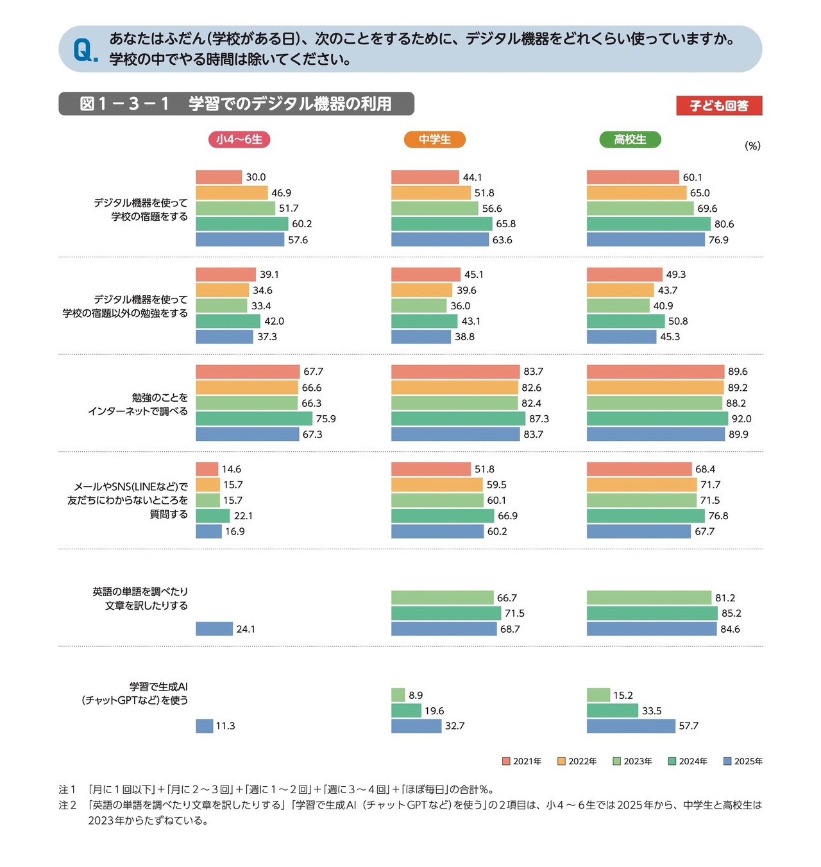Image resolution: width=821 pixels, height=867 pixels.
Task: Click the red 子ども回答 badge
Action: coord(719,106)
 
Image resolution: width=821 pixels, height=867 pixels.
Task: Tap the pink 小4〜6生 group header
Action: coord(239,139)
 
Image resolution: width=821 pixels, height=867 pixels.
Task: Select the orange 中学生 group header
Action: coord(434,139)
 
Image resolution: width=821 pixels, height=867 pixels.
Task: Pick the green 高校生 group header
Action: coord(630,139)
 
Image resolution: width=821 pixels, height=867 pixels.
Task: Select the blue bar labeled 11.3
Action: coord(204,726)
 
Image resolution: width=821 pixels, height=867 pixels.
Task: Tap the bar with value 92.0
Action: coord(657,418)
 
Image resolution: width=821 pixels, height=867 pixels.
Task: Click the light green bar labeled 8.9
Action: coord(398,695)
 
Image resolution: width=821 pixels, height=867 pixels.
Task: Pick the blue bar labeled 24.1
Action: coord(214,629)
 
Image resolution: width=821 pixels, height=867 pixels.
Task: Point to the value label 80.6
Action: coord(724,224)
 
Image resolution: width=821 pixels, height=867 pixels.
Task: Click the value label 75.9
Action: coord(326,418)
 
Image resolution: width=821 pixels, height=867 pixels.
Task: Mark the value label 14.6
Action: coord(232,469)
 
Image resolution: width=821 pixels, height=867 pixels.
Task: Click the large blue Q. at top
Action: coord(85,50)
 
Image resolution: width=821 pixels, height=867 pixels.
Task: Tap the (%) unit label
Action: coord(752,146)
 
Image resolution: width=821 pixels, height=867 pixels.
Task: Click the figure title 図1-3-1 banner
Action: coord(236,104)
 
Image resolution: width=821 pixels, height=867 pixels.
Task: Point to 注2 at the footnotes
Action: coord(67,805)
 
